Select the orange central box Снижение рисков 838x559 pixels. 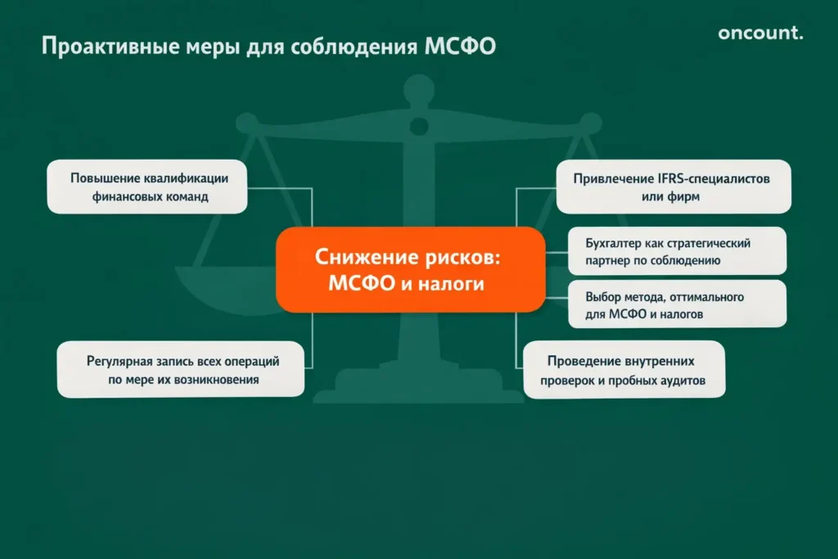pyautogui.click(x=410, y=269)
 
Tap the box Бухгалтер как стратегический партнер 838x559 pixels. pyautogui.click(x=676, y=251)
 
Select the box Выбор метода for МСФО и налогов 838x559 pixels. pyautogui.click(x=676, y=304)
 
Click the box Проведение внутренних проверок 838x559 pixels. pyautogui.click(x=624, y=369)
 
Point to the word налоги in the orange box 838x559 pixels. pyautogui.click(x=453, y=283)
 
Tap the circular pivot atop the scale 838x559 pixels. pyautogui.click(x=419, y=126)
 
